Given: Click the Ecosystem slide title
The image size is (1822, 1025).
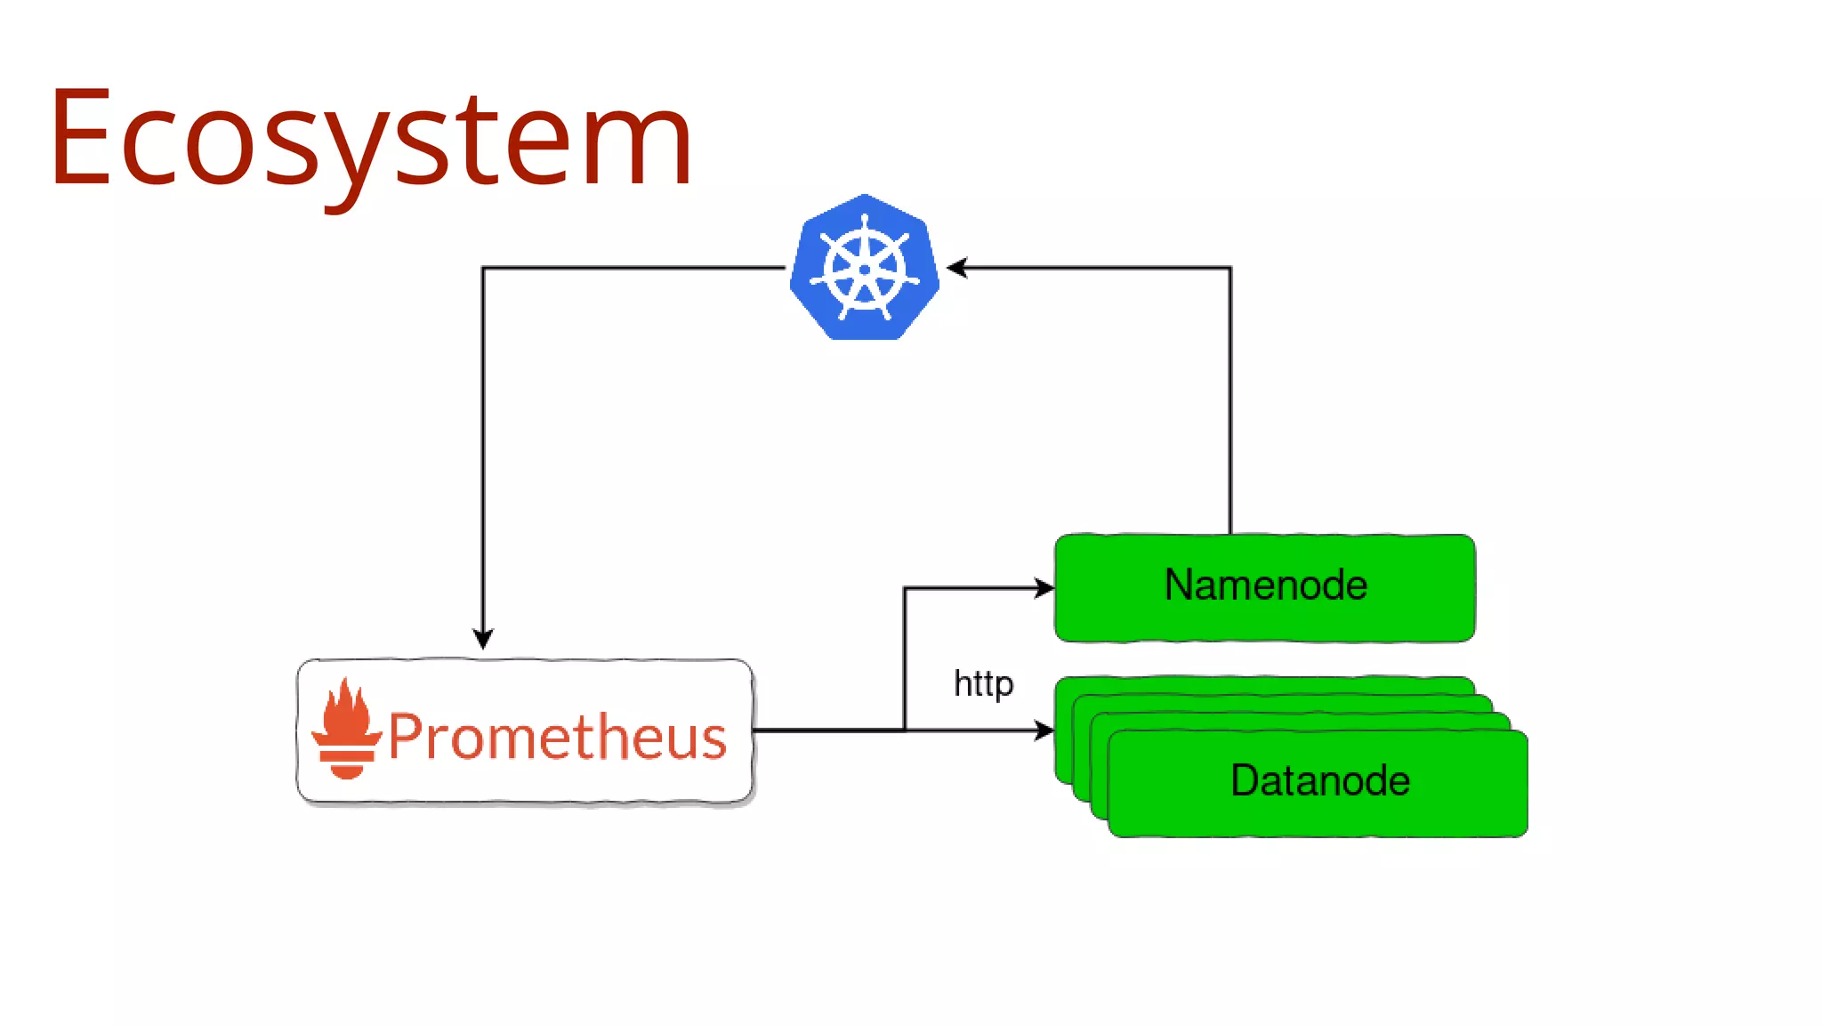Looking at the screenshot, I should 371,138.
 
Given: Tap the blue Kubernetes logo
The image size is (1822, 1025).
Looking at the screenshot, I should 865,267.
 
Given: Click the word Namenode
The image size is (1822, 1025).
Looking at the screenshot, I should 1265,585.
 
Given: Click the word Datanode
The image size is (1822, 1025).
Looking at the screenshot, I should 1320,780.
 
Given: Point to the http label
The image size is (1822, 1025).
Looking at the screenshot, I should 983,684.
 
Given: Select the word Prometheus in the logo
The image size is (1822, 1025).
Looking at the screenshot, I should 558,737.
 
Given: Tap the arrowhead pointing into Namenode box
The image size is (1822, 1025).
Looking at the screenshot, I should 1045,588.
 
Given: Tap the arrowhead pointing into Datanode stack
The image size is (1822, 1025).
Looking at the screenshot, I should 1045,730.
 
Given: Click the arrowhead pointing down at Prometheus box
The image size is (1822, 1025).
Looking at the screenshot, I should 483,639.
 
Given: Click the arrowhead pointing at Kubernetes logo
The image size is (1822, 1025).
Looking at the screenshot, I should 956,267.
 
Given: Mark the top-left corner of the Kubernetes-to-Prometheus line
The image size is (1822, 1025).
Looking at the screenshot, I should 483,267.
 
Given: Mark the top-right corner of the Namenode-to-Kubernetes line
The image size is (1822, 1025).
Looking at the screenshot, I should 1230,267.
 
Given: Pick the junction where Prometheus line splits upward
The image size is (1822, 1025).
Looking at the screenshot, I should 905,730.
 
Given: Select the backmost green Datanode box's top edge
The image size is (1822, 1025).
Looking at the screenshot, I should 1263,680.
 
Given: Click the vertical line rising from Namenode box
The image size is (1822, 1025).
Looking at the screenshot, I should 1230,400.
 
